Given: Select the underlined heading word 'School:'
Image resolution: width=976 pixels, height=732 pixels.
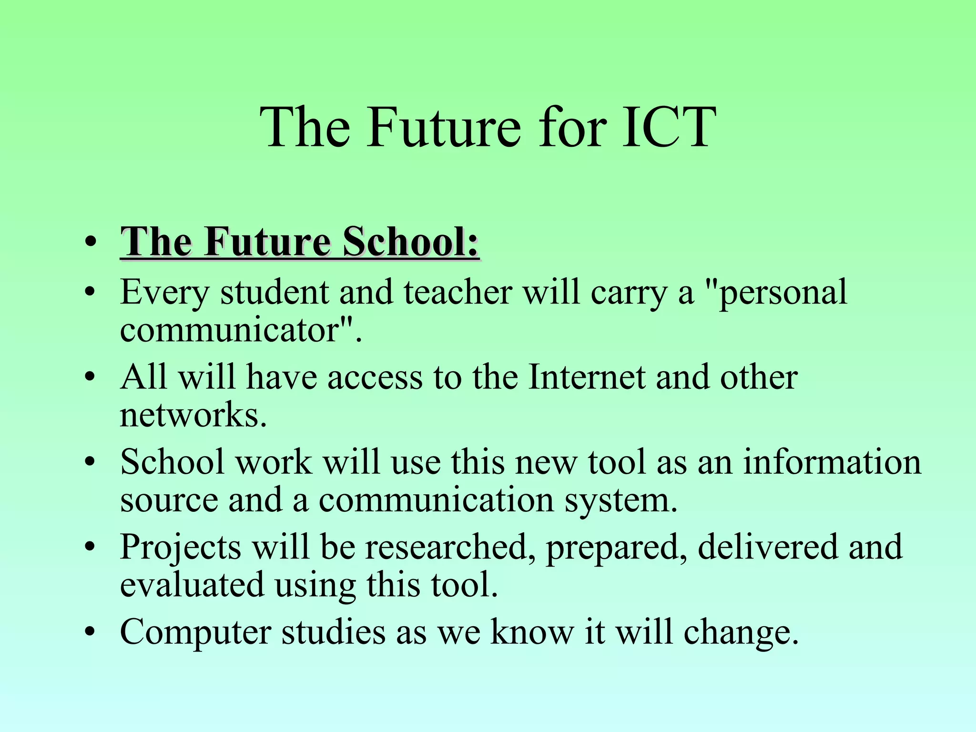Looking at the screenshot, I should point(411,242).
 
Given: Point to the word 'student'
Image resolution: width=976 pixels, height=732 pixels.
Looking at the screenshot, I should point(274,292).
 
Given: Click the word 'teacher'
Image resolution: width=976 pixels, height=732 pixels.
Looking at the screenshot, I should point(458,292).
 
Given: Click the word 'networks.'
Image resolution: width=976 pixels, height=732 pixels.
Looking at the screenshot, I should point(193,415).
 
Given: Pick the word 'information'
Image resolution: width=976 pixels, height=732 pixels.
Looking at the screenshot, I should point(832,462).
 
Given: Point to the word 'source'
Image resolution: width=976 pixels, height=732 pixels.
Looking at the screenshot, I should point(169,500).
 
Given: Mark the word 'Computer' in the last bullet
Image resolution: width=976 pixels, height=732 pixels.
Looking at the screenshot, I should point(195,633).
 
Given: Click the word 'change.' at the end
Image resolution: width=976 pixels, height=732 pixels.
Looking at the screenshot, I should point(741,633).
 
